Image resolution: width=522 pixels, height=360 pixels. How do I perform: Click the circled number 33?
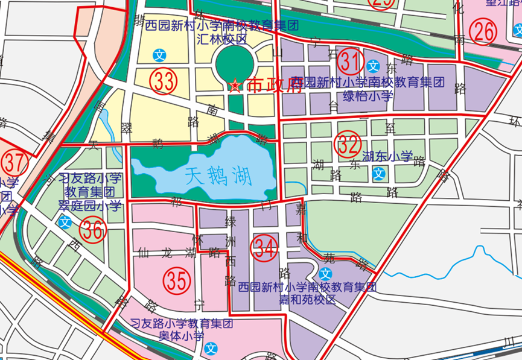(x=164, y=81)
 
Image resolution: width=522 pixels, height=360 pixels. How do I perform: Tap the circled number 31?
(x=350, y=62)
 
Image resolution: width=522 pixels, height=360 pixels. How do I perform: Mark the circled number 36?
(x=94, y=230)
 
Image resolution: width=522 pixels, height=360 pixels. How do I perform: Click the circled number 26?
(x=484, y=32)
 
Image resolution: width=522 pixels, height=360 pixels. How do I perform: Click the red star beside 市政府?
(x=235, y=86)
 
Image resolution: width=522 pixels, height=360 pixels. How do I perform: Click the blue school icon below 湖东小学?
(x=378, y=175)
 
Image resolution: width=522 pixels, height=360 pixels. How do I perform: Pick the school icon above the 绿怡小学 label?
(x=373, y=65)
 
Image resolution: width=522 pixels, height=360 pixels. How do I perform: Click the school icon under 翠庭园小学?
(x=65, y=222)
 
